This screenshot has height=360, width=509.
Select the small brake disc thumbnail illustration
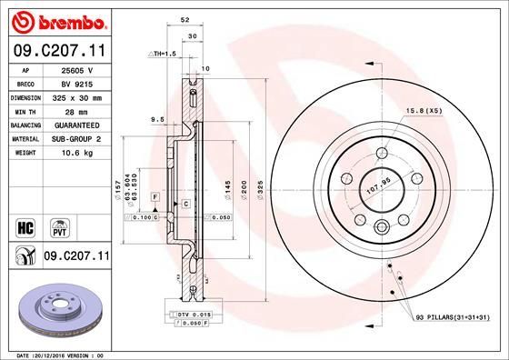(56, 311)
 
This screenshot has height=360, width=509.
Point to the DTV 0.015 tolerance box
(194, 314)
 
